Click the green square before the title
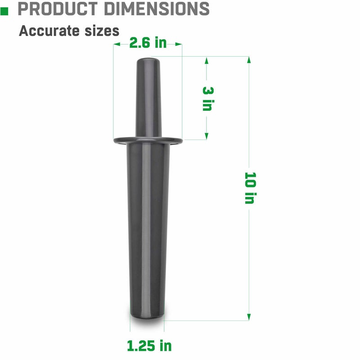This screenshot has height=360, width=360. point(4,9)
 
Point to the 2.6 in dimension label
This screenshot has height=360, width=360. point(148,43)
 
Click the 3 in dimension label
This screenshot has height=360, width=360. point(207,99)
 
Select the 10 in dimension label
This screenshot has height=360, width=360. point(249,188)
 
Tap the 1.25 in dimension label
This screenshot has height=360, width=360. point(149,346)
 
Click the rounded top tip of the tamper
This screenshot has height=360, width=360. point(148,60)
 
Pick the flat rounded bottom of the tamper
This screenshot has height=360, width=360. point(147,318)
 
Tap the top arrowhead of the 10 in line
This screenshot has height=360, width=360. point(249,60)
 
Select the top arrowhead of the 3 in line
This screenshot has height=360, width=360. point(207,60)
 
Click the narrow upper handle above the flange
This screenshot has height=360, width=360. point(148,99)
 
